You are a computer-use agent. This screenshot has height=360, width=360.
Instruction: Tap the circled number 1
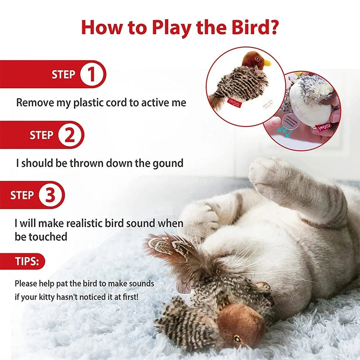click(91, 74)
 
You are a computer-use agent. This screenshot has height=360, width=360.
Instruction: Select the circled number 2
click(70, 135)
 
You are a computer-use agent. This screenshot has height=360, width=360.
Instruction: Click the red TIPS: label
click(27, 261)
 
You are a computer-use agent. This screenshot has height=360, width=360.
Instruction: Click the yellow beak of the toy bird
click(267, 63)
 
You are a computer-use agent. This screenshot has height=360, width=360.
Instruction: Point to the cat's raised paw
click(268, 173)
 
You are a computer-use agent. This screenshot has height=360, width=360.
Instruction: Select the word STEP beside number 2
click(41, 135)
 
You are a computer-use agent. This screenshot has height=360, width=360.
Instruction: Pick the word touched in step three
click(48, 237)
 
